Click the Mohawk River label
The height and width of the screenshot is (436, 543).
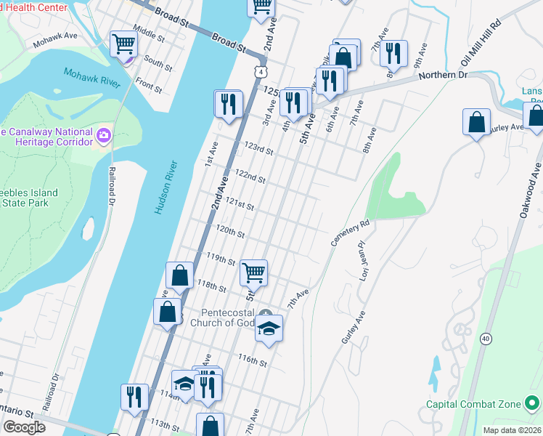point(91,77)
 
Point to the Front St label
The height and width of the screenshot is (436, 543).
point(148,86)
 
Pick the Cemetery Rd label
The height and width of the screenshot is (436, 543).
point(351,234)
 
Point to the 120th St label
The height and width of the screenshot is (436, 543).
point(230,234)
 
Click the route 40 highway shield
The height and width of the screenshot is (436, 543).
point(485,338)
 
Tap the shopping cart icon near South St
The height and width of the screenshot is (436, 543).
point(123,44)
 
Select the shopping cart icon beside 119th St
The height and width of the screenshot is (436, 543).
point(254,273)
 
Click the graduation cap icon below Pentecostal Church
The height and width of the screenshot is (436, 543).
point(268,328)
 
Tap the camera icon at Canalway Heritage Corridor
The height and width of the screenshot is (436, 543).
point(104,136)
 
